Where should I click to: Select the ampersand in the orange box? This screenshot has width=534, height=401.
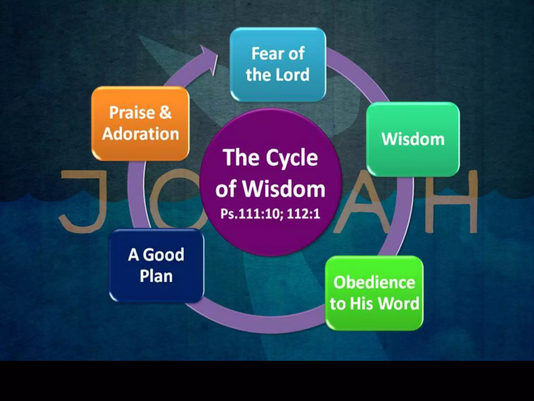click(x=165, y=113)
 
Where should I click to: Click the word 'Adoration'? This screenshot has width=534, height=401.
click(x=141, y=134)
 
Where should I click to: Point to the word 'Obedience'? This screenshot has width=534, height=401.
click(x=374, y=282)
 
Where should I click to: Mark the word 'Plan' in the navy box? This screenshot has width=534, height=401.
click(x=156, y=276)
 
